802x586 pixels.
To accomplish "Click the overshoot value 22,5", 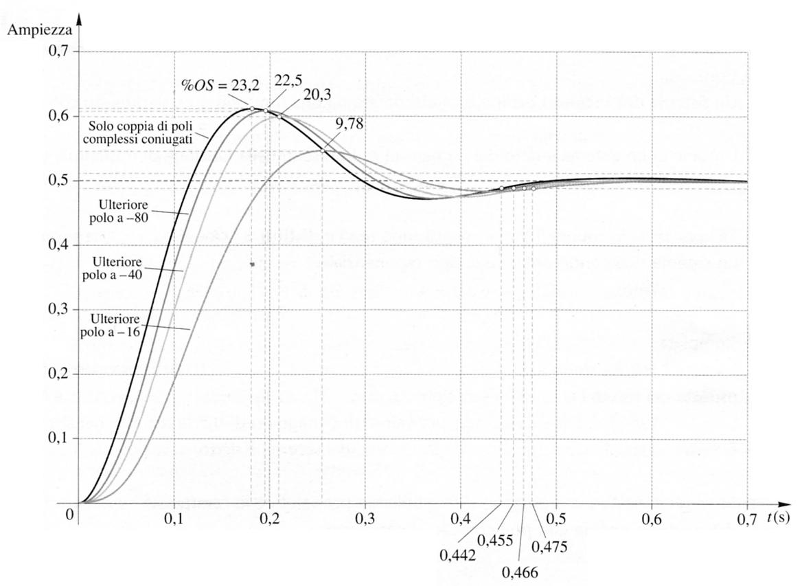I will (288, 80).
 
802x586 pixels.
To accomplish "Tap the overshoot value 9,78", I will (351, 125).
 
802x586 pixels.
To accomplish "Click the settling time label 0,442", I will (457, 554).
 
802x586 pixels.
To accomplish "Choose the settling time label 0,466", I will (519, 570).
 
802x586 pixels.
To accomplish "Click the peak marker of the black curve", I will (252, 109).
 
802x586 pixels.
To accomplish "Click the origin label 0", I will (69, 514).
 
